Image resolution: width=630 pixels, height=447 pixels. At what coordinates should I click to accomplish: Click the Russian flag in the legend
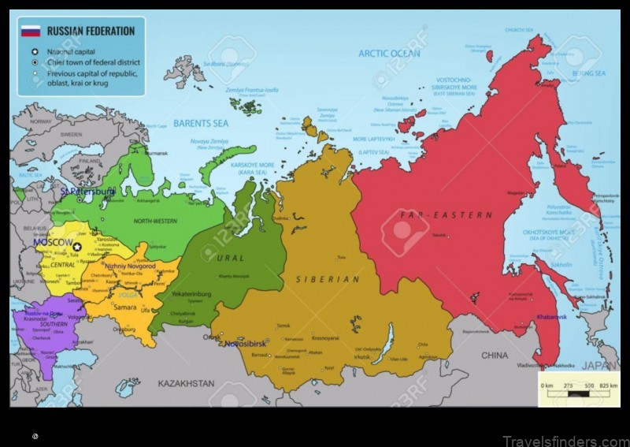(x=31, y=31)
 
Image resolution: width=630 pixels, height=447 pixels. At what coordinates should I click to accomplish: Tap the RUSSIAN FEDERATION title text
(x=91, y=32)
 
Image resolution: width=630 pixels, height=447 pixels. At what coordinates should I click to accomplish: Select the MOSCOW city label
(x=54, y=243)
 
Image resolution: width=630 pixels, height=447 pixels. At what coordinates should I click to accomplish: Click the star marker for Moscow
(x=77, y=247)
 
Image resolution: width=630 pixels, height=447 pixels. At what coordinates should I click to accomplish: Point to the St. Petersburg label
(x=88, y=191)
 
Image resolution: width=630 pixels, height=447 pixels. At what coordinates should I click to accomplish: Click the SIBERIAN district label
(x=328, y=279)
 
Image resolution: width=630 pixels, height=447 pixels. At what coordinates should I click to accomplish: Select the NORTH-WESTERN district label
(x=154, y=222)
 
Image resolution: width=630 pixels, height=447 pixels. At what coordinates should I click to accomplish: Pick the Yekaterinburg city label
(x=191, y=294)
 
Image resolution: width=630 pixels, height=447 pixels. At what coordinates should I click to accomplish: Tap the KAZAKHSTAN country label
(x=186, y=383)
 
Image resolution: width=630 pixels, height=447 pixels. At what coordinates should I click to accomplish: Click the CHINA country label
(x=495, y=356)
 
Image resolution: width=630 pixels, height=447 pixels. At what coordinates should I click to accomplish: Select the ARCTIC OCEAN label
(x=390, y=54)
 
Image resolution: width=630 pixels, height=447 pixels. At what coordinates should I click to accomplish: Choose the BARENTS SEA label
(x=201, y=124)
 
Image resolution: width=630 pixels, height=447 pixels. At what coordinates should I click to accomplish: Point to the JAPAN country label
(x=600, y=365)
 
